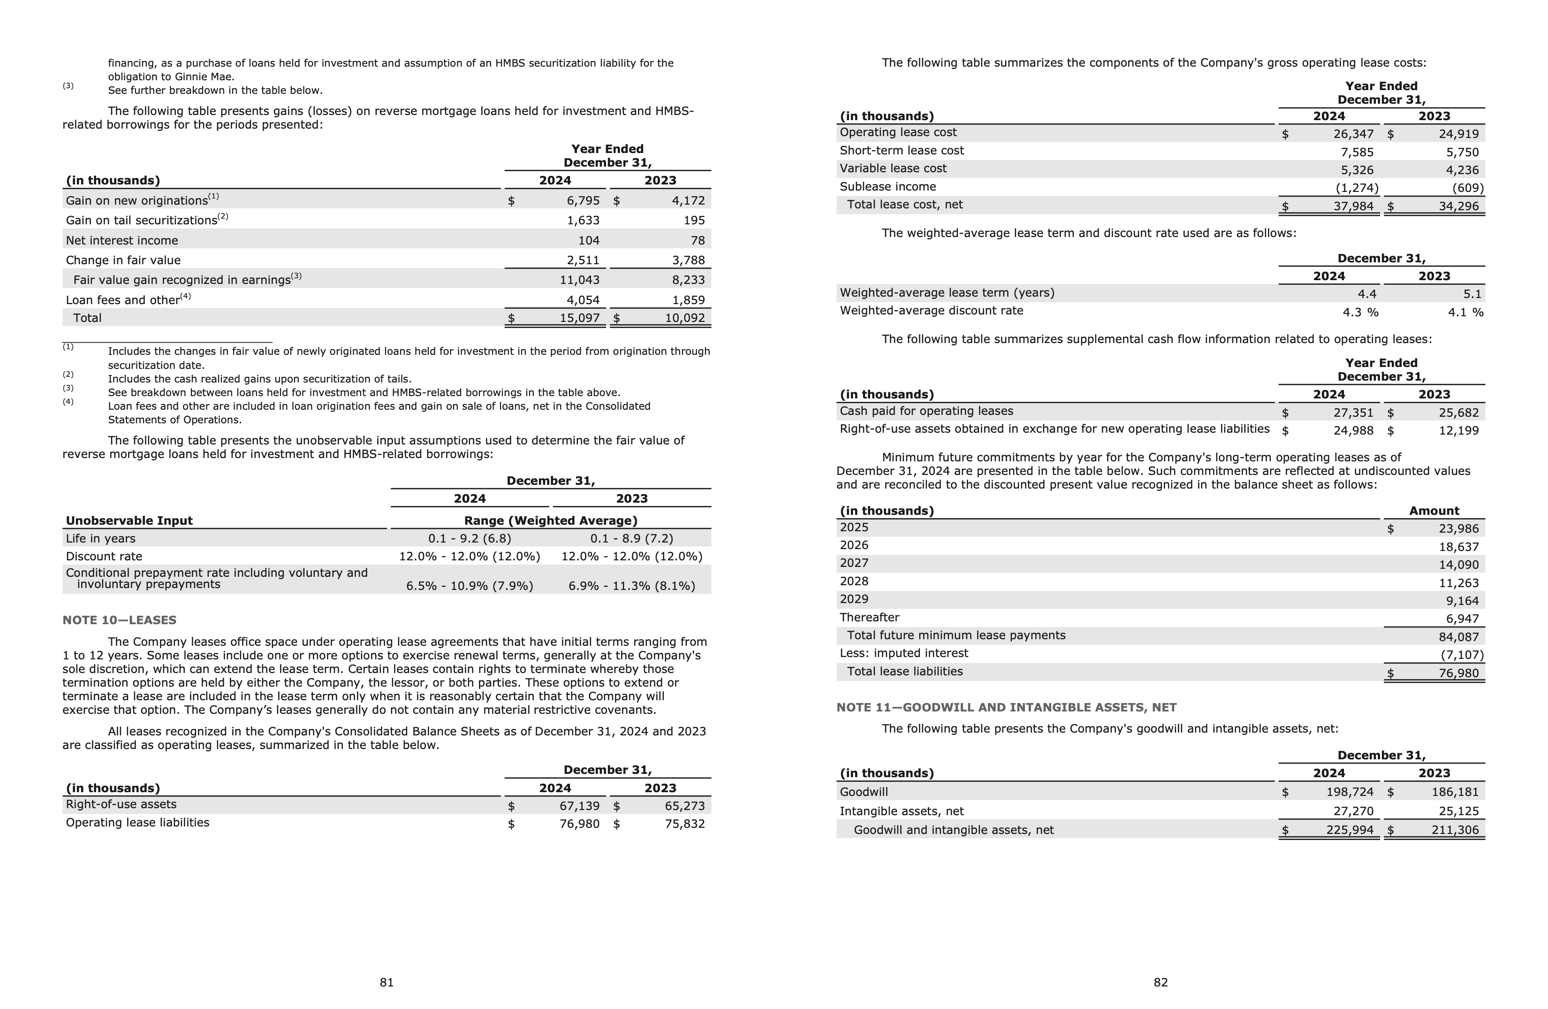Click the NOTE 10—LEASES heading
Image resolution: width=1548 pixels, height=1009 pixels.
pyautogui.click(x=119, y=620)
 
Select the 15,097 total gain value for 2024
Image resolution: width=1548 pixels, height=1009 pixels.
pyautogui.click(x=579, y=318)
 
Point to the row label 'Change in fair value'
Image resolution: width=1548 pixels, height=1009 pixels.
pyautogui.click(x=123, y=260)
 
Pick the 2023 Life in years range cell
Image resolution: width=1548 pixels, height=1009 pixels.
pyautogui.click(x=631, y=539)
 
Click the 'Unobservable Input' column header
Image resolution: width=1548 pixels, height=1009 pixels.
pyautogui.click(x=129, y=520)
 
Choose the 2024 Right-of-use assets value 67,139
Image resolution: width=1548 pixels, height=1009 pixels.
pyautogui.click(x=579, y=806)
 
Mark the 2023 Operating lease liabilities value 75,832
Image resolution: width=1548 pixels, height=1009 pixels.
pyautogui.click(x=684, y=824)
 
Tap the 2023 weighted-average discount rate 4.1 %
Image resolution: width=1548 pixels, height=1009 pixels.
pyautogui.click(x=1465, y=312)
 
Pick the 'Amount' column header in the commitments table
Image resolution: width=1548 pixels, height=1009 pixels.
pyautogui.click(x=1434, y=511)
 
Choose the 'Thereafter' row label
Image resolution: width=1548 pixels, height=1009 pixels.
pyautogui.click(x=869, y=618)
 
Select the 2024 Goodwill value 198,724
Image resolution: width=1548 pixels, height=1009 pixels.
pyautogui.click(x=1350, y=792)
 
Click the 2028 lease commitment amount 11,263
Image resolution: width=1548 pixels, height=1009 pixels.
pyautogui.click(x=1458, y=583)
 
